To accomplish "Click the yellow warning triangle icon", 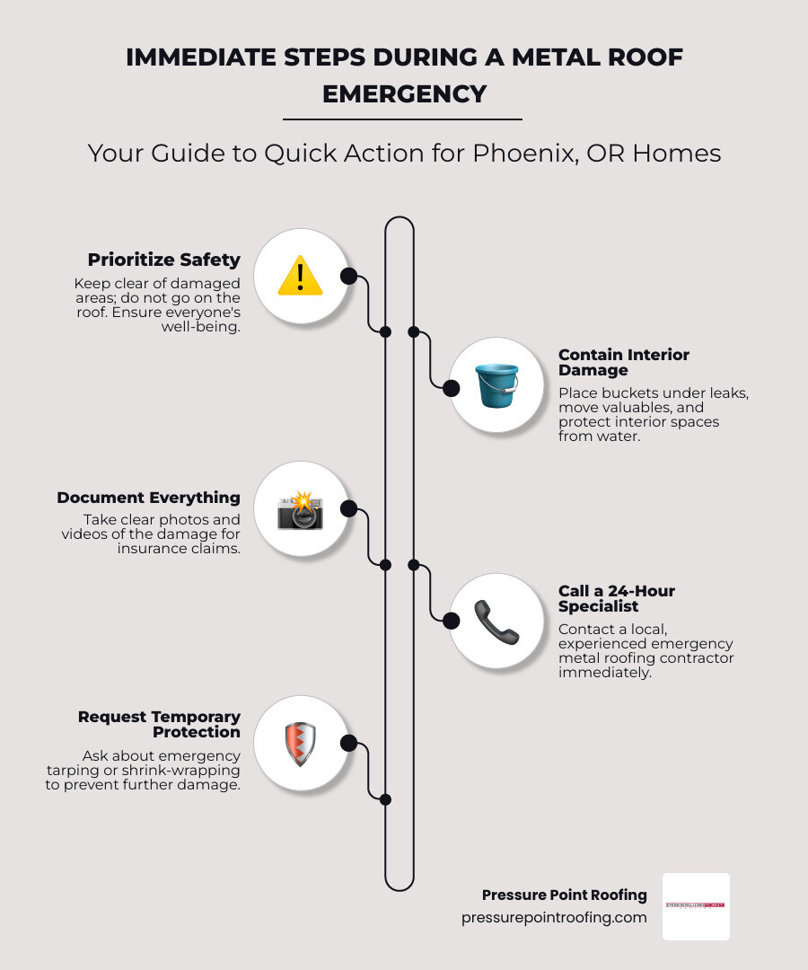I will pyautogui.click(x=300, y=276).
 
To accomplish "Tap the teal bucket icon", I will pyautogui.click(x=496, y=385).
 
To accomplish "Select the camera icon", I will pyautogui.click(x=300, y=509).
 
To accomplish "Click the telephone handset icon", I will pyautogui.click(x=496, y=621).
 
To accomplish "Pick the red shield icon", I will pyautogui.click(x=300, y=744).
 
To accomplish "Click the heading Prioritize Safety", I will pyautogui.click(x=164, y=260).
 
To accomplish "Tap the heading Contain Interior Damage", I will pyautogui.click(x=624, y=362).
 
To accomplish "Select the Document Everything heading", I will pyautogui.click(x=149, y=498).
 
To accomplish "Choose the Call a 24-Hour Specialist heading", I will pyautogui.click(x=617, y=598).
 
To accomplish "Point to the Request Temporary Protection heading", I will pyautogui.click(x=160, y=724).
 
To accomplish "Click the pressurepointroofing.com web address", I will pyautogui.click(x=554, y=917).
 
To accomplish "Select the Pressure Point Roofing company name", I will pyautogui.click(x=564, y=895).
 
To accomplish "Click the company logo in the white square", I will pyautogui.click(x=696, y=906).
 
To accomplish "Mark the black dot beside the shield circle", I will pyautogui.click(x=348, y=744).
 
